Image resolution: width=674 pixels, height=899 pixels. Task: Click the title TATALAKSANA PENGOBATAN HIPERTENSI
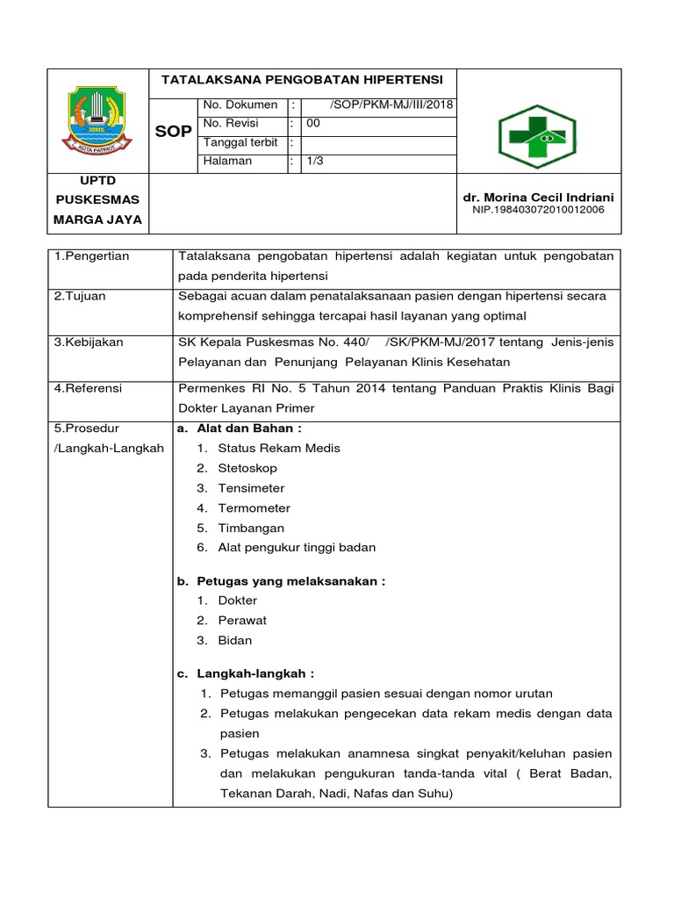[x=303, y=79]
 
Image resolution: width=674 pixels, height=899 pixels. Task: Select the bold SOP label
[x=173, y=132]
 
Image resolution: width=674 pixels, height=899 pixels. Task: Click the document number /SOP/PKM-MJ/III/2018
[x=391, y=105]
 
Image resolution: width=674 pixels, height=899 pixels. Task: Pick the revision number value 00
[x=312, y=125]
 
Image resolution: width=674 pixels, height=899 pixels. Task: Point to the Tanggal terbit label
[x=240, y=143]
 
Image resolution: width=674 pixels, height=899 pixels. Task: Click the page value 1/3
[x=314, y=162]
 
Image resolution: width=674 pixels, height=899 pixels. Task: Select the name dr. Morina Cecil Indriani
[x=539, y=197]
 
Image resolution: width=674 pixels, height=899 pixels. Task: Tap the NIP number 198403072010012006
[x=538, y=210]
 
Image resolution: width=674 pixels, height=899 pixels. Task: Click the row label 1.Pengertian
[x=91, y=256]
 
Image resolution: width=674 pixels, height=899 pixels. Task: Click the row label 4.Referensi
[x=88, y=387]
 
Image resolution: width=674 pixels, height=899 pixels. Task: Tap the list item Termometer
[x=254, y=508]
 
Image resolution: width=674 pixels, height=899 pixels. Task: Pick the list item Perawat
[x=242, y=621]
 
